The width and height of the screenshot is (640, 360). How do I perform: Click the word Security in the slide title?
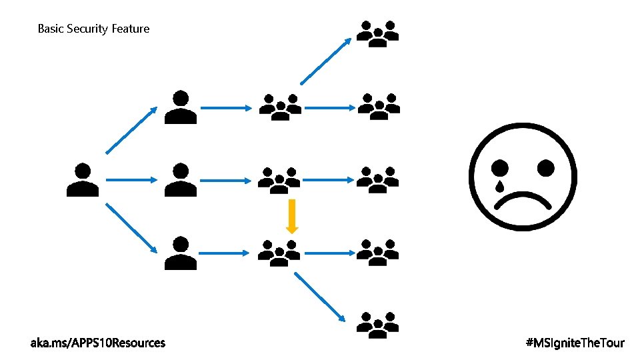click(86, 29)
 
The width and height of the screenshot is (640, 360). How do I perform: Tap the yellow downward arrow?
click(292, 217)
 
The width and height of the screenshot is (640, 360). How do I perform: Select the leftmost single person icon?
click(83, 180)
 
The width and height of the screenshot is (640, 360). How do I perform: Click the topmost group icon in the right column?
click(378, 34)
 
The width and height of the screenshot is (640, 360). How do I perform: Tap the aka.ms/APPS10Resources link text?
click(98, 343)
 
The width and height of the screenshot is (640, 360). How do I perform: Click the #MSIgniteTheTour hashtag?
click(575, 343)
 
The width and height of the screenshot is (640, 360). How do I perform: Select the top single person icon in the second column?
click(180, 107)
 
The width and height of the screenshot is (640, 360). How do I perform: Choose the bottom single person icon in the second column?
click(180, 253)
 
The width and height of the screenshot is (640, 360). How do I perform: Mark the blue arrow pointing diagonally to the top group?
click(326, 61)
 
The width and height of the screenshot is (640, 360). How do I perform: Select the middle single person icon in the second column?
click(180, 180)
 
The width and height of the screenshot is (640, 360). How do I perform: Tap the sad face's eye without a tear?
click(544, 167)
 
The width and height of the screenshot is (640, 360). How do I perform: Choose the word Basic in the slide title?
click(51, 29)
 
